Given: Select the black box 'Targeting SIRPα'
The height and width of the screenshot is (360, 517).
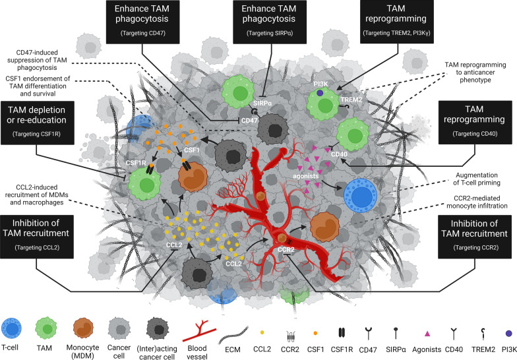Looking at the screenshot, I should point(257,23).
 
